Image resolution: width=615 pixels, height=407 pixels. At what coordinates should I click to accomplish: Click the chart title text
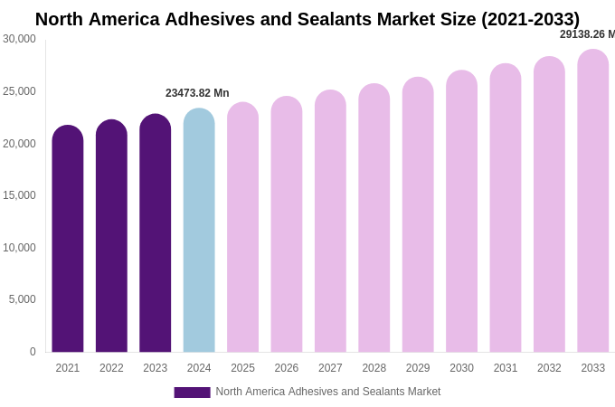[307, 19]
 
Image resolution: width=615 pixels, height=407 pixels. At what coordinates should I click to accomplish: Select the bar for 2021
[68, 239]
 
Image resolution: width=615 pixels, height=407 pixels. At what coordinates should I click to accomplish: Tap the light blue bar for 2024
[199, 231]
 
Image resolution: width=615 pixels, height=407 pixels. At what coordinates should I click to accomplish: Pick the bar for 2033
[593, 201]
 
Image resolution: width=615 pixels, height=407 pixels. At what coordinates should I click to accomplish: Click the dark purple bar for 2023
[156, 233]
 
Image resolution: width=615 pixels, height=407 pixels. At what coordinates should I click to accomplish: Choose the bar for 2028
[374, 218]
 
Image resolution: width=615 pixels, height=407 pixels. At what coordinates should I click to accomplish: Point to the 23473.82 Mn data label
[197, 93]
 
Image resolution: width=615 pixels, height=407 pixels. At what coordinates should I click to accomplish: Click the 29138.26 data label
[587, 34]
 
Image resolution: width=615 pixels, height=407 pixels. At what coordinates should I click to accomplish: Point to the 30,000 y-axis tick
[20, 39]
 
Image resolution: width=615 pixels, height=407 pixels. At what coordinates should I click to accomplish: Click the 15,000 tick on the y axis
[20, 195]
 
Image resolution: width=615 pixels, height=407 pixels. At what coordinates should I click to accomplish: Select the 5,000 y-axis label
[23, 299]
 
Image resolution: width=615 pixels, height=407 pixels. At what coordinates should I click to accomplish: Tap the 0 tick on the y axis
[33, 352]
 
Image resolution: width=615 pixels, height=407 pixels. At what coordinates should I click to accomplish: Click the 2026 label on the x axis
[287, 368]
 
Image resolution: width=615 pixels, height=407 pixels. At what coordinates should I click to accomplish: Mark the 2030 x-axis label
[461, 368]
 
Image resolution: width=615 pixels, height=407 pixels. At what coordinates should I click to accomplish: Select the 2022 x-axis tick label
[111, 368]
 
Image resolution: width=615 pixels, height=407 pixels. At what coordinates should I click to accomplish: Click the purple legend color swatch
[192, 393]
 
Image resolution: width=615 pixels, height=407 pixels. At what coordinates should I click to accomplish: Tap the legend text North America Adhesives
[328, 392]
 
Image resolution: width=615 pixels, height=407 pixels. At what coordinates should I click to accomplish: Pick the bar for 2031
[506, 208]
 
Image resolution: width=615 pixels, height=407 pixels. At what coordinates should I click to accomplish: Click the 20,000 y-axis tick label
[20, 144]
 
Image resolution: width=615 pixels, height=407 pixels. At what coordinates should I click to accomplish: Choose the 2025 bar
[242, 227]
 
